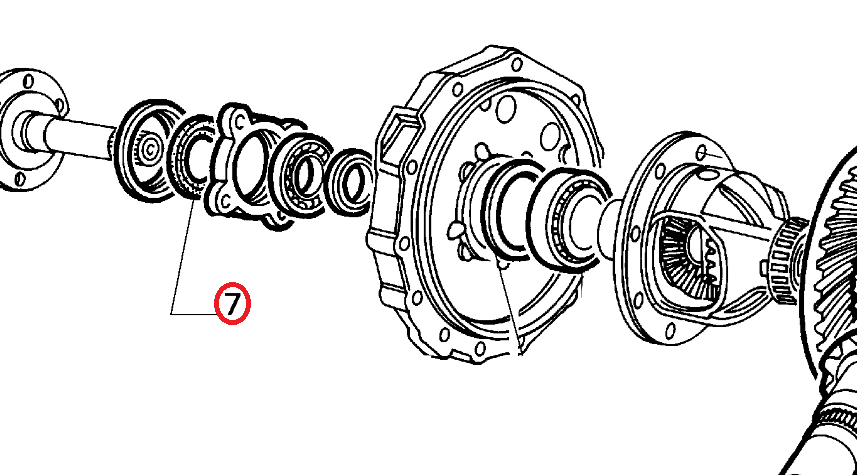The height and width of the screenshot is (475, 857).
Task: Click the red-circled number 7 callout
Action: pos(232,303)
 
